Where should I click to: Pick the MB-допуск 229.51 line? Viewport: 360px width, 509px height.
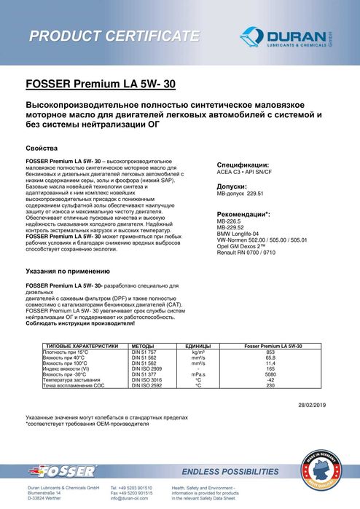pyautogui.click(x=240, y=195)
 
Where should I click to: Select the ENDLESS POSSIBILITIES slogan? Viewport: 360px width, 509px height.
pyautogui.click(x=230, y=471)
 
